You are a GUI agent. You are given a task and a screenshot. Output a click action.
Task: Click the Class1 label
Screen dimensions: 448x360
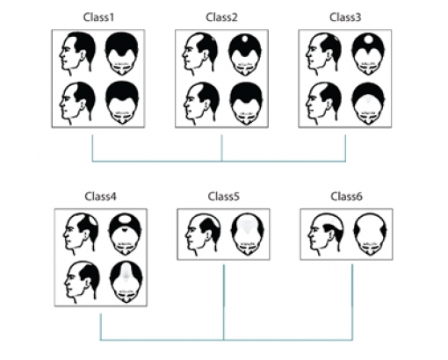coord(98,18)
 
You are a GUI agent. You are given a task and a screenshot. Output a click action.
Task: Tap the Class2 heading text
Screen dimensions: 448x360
coord(221,18)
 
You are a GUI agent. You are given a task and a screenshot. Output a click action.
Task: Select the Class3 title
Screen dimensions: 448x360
coord(345,18)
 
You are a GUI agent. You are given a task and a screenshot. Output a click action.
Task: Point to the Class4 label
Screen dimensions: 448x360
coord(100,197)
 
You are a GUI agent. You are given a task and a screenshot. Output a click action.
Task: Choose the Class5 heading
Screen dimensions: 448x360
coord(224,197)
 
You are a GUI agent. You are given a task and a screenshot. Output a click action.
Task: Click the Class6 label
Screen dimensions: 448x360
coord(347,197)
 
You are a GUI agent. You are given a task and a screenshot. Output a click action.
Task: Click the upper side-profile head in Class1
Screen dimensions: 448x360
coord(77,52)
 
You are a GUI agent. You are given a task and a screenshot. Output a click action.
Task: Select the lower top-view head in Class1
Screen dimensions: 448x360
coord(122,103)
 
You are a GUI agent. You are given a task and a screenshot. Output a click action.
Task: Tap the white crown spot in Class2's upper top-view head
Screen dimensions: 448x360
coord(245,39)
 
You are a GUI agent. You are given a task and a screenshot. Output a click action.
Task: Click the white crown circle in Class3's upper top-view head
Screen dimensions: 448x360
coord(368,39)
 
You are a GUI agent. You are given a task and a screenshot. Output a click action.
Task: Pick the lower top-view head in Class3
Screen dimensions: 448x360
coord(368,103)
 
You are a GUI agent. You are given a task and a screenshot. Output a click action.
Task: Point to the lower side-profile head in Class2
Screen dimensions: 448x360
coord(201,103)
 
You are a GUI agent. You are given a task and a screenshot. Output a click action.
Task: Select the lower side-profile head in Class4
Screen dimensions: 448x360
coord(83,282)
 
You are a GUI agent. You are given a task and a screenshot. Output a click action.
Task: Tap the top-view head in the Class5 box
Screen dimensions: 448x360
coord(248,234)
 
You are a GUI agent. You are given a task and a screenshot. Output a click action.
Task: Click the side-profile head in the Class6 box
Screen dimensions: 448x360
coord(326,234)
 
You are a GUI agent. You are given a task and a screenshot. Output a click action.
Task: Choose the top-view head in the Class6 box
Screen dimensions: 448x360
coord(370,234)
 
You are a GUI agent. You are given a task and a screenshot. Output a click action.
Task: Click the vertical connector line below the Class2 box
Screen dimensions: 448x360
coord(221,148)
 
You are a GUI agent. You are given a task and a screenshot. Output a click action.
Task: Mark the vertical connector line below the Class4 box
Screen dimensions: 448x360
coord(100,327)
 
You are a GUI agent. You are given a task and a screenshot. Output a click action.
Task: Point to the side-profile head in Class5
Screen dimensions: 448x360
coord(203,234)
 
